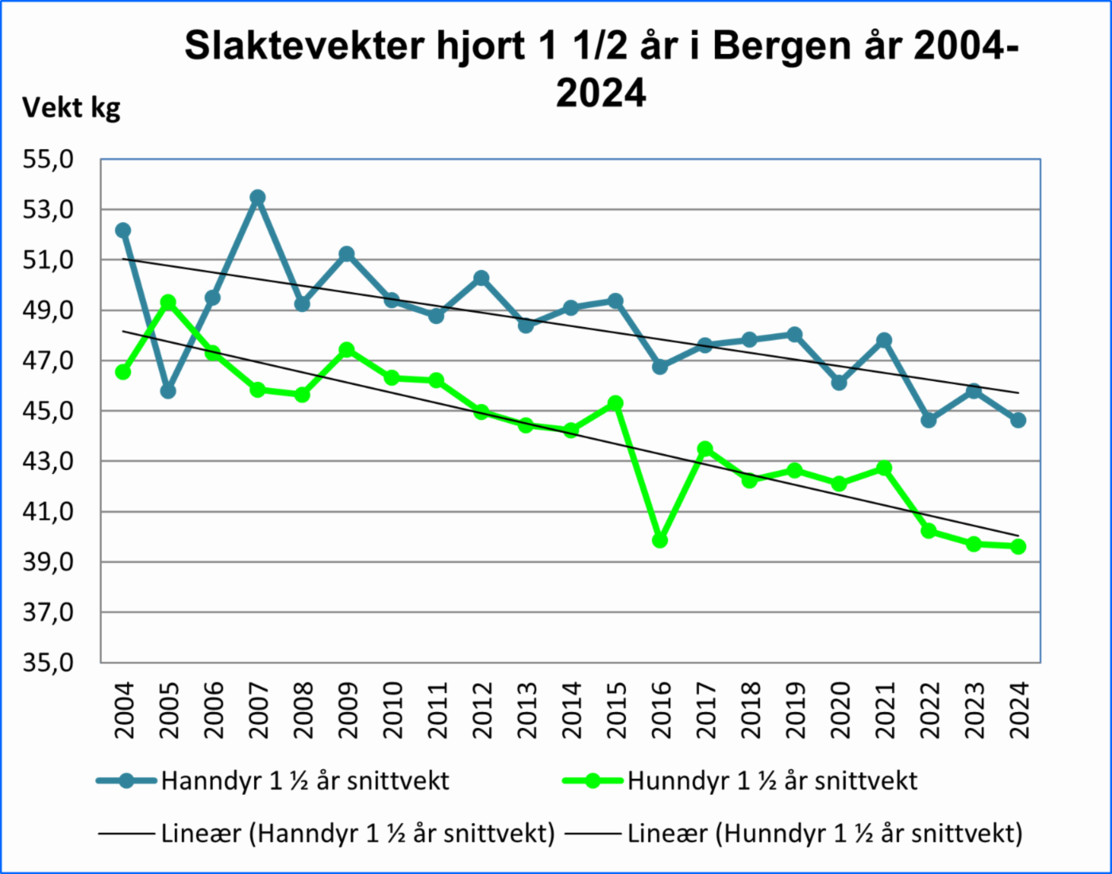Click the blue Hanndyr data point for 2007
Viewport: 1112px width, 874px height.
257,198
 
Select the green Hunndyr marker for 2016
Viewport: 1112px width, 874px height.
660,540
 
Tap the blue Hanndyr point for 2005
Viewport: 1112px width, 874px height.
168,391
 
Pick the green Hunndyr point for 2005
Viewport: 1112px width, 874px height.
168,302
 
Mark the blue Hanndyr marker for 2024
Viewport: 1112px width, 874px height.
1018,420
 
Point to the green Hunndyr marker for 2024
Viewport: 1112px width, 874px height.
1018,546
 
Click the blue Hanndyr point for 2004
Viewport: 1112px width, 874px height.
123,230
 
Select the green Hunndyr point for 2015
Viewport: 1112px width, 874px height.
616,403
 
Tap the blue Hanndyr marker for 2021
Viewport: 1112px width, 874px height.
884,341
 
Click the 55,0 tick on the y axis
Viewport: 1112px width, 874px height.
48,160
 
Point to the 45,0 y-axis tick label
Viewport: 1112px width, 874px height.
48,411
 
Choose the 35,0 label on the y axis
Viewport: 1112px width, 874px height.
48,662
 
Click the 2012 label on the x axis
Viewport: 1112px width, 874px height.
482,710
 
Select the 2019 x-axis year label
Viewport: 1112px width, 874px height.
795,710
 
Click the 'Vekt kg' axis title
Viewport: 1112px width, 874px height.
71,107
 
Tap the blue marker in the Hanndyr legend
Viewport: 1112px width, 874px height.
125,781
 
